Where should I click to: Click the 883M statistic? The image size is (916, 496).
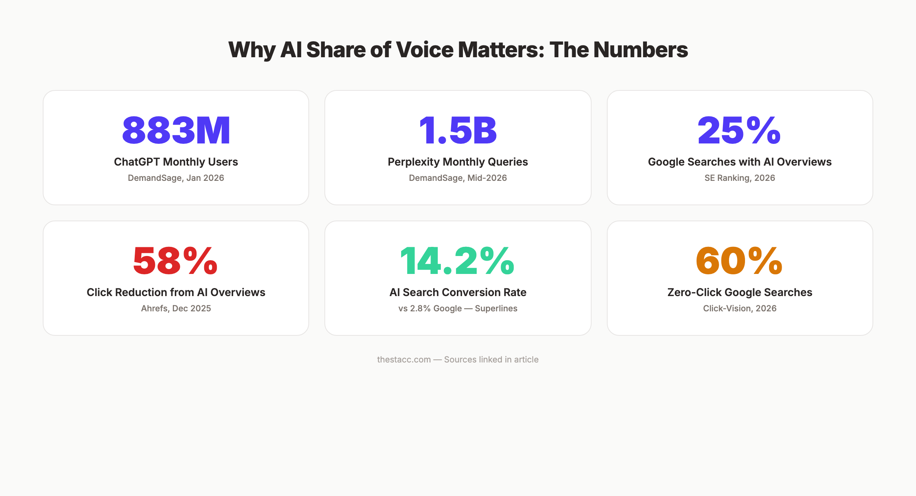176,130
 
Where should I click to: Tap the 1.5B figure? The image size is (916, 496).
458,130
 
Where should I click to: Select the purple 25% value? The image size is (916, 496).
739,130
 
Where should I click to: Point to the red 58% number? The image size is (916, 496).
175,261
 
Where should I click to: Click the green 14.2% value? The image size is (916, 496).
457,261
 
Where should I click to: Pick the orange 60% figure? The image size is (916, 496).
739,261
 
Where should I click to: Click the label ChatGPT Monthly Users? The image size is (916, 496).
176,162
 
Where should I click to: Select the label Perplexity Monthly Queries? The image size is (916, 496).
458,162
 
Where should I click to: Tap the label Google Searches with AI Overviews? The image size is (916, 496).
740,162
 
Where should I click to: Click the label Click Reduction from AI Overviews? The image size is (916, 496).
176,292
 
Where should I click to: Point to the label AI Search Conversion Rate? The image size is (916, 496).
458,292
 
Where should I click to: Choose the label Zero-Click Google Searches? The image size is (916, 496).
740,292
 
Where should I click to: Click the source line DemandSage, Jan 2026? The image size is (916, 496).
176,178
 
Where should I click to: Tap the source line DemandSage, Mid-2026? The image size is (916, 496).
458,178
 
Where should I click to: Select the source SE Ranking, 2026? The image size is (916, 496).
740,178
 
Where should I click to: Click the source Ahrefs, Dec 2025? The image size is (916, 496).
176,308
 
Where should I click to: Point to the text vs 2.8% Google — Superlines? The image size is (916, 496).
458,308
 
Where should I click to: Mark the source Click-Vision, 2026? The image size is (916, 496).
740,308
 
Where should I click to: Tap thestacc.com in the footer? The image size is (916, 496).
404,359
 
